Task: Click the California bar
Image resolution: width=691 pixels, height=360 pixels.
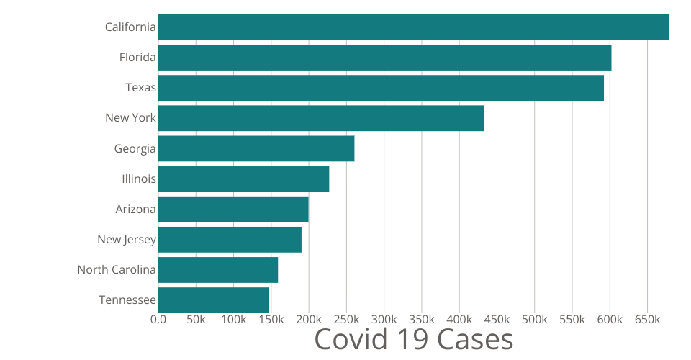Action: [x=413, y=27]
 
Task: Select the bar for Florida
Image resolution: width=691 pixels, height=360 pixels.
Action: [x=384, y=58]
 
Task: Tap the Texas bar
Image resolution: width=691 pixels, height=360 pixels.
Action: [x=381, y=88]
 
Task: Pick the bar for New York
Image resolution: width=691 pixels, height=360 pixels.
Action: [x=320, y=118]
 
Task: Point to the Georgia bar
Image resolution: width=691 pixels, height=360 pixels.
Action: [x=256, y=148]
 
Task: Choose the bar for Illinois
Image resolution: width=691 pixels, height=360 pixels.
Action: [x=243, y=179]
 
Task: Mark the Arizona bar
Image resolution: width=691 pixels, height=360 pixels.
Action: [x=233, y=209]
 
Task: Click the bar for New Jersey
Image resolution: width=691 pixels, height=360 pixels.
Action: [x=230, y=239]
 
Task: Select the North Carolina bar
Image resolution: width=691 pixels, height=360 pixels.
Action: [x=218, y=270]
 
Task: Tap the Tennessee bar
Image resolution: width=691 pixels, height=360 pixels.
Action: [x=214, y=300]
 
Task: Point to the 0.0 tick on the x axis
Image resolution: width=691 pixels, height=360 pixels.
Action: [x=158, y=319]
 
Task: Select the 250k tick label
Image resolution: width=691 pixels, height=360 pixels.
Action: [x=346, y=319]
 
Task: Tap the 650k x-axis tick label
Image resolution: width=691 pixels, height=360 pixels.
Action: [x=647, y=319]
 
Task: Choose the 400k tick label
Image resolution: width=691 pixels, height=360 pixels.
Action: [x=459, y=319]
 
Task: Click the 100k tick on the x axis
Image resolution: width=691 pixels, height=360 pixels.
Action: [x=233, y=319]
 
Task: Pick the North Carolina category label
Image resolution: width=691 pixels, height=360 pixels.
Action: [x=117, y=270]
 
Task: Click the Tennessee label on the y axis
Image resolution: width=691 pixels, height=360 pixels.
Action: [x=127, y=300]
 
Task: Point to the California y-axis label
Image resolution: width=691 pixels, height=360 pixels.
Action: [x=130, y=27]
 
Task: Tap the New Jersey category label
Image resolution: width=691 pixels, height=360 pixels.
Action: [x=127, y=239]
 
